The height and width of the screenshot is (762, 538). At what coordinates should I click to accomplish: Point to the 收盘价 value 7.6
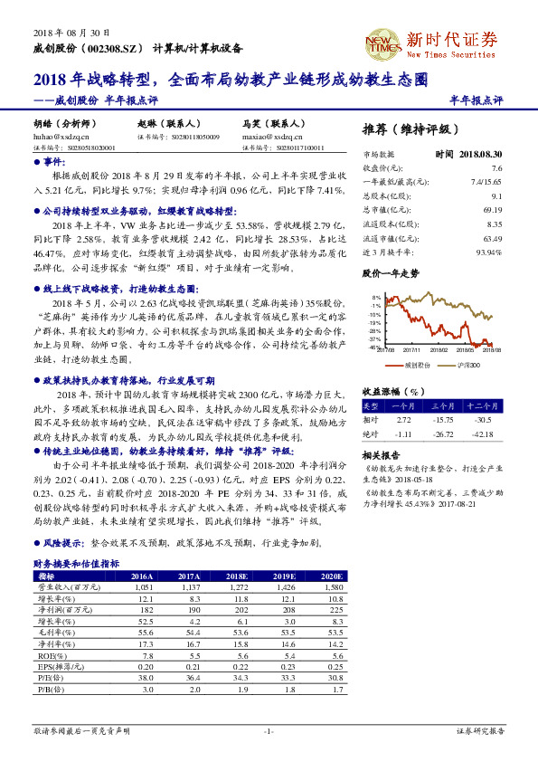coord(496,168)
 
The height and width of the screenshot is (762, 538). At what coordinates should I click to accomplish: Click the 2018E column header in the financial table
coord(238,576)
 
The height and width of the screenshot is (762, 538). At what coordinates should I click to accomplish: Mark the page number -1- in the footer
coord(269,730)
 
